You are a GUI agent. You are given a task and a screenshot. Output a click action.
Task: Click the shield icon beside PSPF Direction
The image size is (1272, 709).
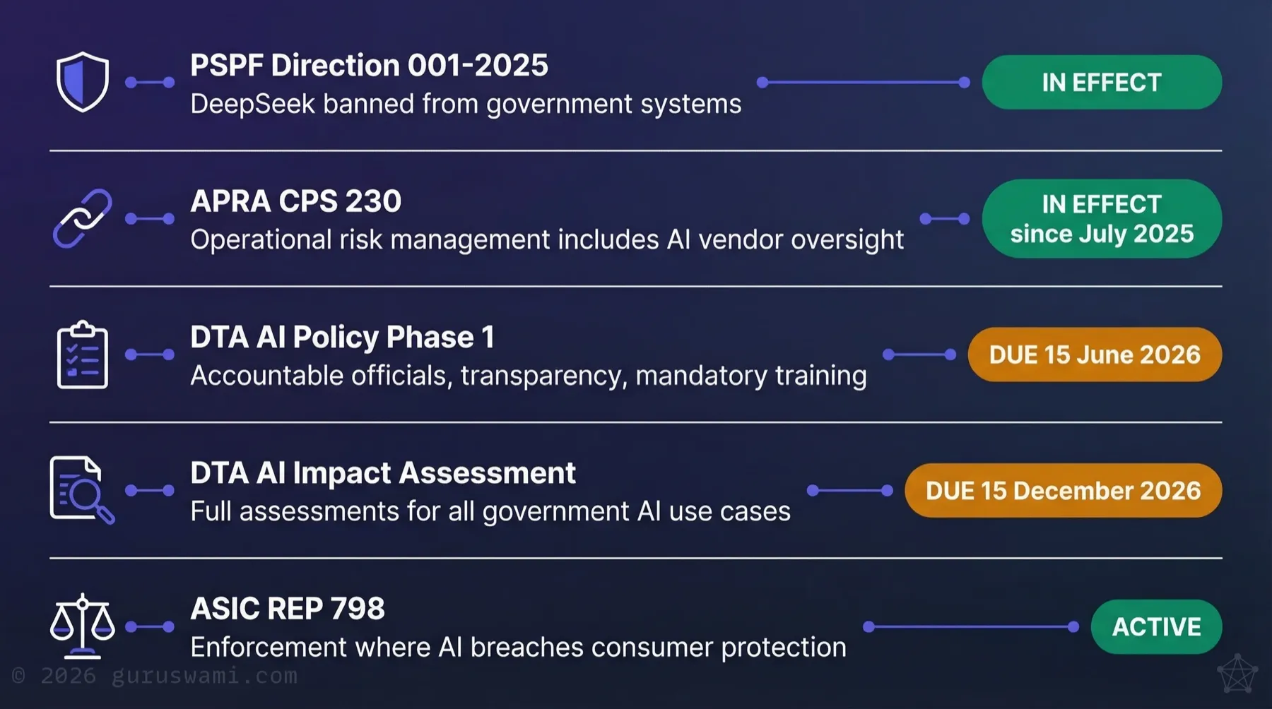[83, 82]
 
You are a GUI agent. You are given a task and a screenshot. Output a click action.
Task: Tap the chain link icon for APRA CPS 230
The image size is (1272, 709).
[83, 218]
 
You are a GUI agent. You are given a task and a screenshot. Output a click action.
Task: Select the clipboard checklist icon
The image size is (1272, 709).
[83, 354]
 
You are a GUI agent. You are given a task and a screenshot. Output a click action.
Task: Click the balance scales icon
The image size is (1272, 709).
[83, 626]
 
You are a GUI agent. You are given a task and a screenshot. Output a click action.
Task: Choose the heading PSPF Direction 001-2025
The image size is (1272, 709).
[369, 66]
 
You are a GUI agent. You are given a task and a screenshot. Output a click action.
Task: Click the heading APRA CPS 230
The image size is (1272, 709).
[295, 201]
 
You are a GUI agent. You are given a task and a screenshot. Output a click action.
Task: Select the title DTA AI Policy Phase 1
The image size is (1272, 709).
[342, 338]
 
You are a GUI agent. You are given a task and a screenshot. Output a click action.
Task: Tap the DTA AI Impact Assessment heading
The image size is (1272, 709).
[383, 473]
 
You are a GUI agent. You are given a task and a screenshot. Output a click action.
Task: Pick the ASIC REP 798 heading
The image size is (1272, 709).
[288, 609]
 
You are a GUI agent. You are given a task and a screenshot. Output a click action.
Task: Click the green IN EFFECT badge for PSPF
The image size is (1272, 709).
[1102, 83]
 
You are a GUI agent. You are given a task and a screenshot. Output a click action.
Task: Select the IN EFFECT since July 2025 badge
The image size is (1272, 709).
[1102, 219]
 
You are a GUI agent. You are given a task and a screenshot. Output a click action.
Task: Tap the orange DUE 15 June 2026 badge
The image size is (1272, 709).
[1095, 354]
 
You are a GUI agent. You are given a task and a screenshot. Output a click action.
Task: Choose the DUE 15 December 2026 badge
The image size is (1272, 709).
[1063, 491]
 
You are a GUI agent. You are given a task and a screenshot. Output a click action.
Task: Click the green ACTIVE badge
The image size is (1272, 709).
[1156, 626]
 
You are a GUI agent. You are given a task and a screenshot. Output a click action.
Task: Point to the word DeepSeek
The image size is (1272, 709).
[252, 105]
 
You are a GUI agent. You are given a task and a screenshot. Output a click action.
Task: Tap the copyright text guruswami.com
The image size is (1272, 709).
[204, 676]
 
